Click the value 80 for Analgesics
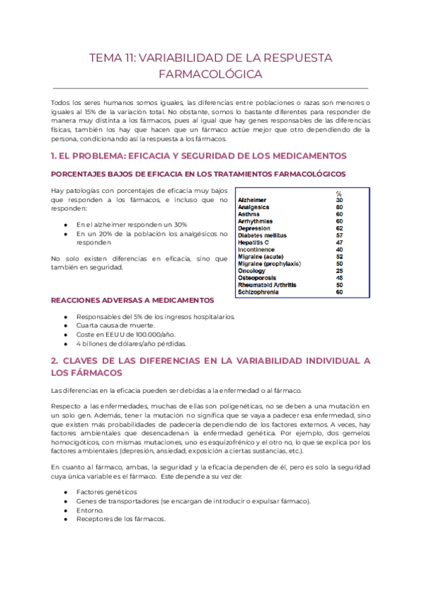point(339,208)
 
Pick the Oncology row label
point(252,271)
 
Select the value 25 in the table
point(339,271)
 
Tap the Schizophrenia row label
point(259,292)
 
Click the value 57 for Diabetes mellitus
point(339,236)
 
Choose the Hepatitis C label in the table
point(255,243)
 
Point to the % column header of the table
point(338,194)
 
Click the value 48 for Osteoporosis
point(339,278)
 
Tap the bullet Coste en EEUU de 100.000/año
point(126,334)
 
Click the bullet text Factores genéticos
point(107,491)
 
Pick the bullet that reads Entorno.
point(90,510)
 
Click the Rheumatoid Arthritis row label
point(267,285)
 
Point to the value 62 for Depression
point(339,229)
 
